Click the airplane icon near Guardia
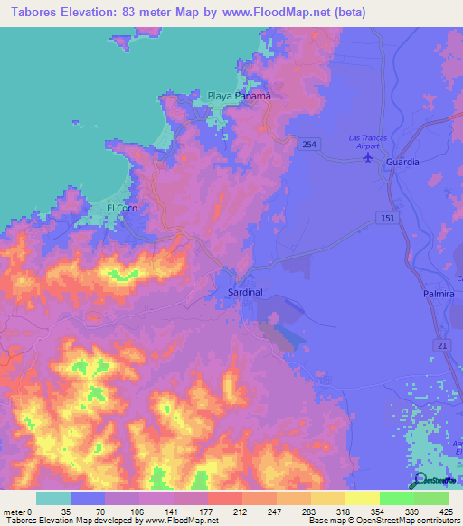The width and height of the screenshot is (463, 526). (367, 158)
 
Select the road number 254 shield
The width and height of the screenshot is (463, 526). (309, 145)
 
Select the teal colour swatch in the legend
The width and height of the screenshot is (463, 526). (53, 498)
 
